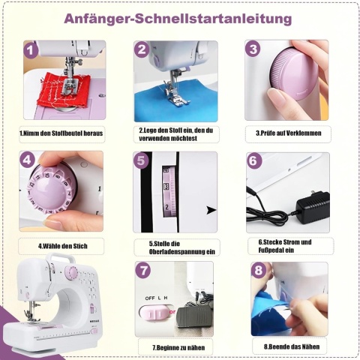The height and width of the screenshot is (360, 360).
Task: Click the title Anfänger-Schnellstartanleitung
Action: (178, 19)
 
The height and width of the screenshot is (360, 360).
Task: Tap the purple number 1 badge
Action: (31, 50)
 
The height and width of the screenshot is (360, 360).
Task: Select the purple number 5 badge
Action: (141, 160)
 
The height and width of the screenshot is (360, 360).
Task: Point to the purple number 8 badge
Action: (259, 270)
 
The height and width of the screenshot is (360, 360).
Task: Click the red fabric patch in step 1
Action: (62, 91)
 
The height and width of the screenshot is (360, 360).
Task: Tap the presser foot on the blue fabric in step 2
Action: (177, 99)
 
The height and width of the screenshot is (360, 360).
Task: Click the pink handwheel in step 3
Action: (295, 74)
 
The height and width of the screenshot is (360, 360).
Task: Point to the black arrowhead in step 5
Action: (211, 210)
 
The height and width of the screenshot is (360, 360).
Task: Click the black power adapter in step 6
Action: (313, 208)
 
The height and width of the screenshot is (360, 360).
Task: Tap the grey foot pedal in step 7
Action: (193, 318)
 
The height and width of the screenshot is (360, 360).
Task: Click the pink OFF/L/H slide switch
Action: (154, 313)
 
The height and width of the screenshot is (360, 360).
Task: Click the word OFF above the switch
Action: (150, 298)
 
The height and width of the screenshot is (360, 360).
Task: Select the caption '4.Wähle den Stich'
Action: (62, 246)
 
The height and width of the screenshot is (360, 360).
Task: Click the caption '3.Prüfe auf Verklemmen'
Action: (289, 133)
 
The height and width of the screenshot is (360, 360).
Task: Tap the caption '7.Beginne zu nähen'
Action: (178, 347)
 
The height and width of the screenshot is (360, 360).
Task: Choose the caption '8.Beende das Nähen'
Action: (292, 346)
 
